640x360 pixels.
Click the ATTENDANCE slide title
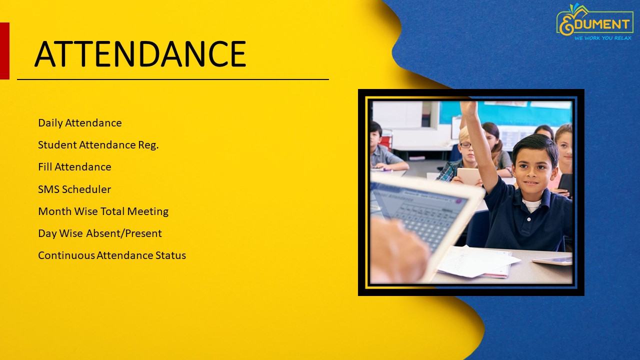pyautogui.click(x=140, y=53)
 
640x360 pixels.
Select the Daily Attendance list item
pyautogui.click(x=80, y=123)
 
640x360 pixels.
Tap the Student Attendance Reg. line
pyautogui.click(x=98, y=145)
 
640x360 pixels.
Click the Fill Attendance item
pyautogui.click(x=74, y=167)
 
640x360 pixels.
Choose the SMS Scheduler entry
pyautogui.click(x=74, y=189)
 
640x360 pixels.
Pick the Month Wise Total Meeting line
pyautogui.click(x=103, y=211)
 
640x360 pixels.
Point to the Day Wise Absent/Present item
pyautogui.click(x=100, y=233)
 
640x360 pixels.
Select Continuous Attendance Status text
pyautogui.click(x=112, y=255)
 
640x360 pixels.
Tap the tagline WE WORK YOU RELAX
pyautogui.click(x=603, y=38)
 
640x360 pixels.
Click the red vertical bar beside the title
pyautogui.click(x=4, y=51)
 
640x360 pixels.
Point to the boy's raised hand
pyautogui.click(x=469, y=107)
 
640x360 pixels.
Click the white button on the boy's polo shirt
pyautogui.click(x=529, y=219)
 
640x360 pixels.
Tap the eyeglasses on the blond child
pyautogui.click(x=465, y=145)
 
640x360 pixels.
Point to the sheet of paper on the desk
pyautogui.click(x=477, y=261)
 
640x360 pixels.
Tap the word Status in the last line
pyautogui.click(x=170, y=255)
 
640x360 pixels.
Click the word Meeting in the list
pyautogui.click(x=147, y=211)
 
